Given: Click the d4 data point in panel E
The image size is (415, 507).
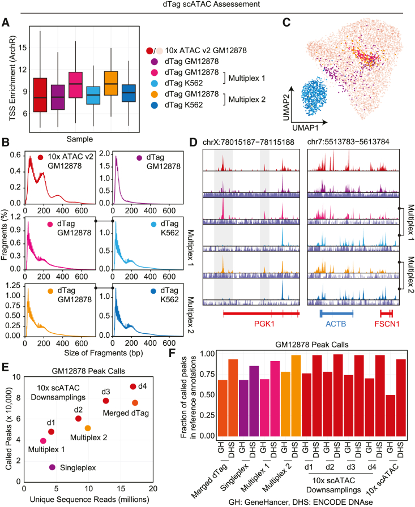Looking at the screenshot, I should pos(132,386).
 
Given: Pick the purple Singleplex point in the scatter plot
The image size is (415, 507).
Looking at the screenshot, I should pos(53,467).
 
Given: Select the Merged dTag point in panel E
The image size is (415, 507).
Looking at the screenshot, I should pos(135,403).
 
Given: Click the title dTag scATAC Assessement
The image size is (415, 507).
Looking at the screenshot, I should pos(207,5).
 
